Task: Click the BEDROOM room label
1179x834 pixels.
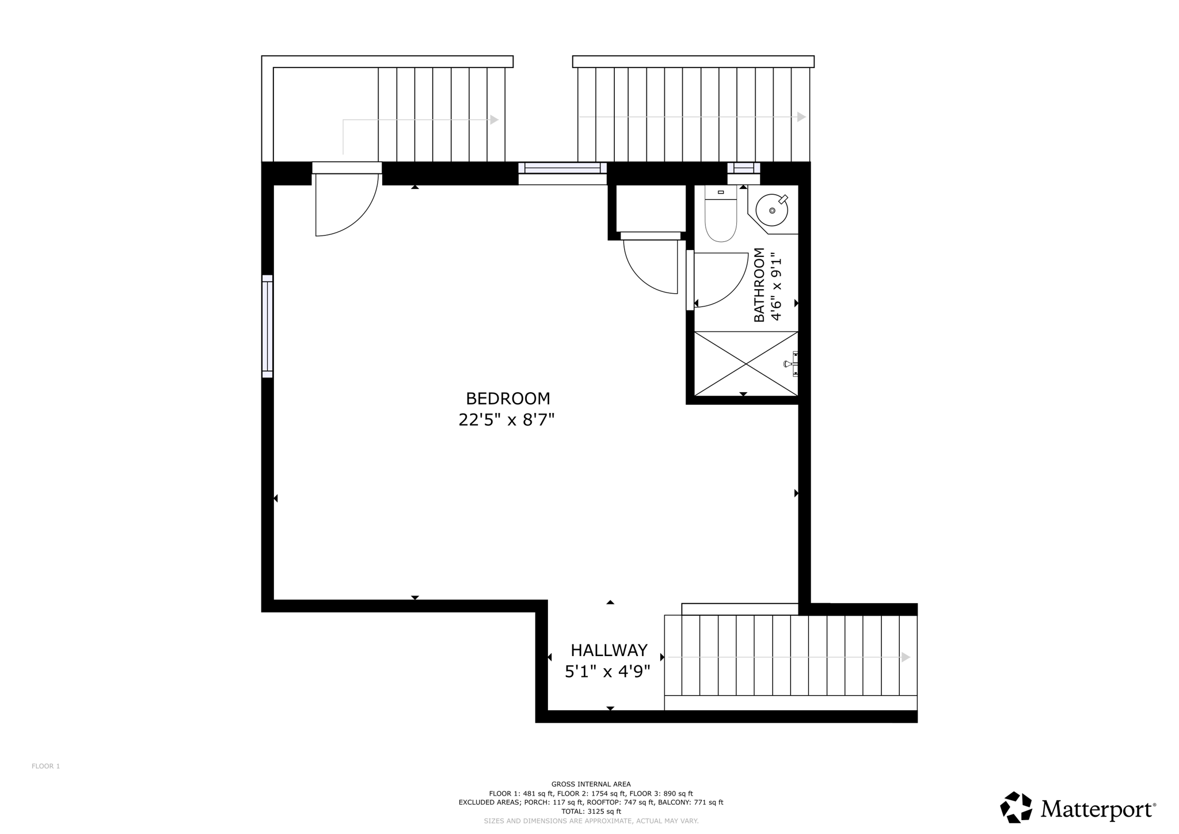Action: (x=508, y=399)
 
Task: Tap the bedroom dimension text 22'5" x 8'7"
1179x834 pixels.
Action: (x=506, y=420)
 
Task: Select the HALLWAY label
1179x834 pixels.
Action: (x=609, y=650)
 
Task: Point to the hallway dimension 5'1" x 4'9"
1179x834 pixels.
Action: (x=607, y=672)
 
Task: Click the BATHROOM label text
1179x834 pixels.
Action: (x=759, y=285)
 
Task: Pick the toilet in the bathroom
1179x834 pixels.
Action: (x=721, y=219)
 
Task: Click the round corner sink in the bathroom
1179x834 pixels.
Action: (x=772, y=210)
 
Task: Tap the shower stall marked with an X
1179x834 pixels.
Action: (x=746, y=363)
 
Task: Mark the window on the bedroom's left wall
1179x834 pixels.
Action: (x=267, y=326)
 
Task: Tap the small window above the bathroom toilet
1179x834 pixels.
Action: (x=743, y=168)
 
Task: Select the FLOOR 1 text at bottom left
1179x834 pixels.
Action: (x=45, y=766)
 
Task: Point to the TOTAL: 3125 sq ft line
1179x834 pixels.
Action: (x=591, y=812)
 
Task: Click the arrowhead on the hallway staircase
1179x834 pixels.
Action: (x=906, y=657)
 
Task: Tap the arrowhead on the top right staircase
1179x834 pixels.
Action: (x=801, y=117)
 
